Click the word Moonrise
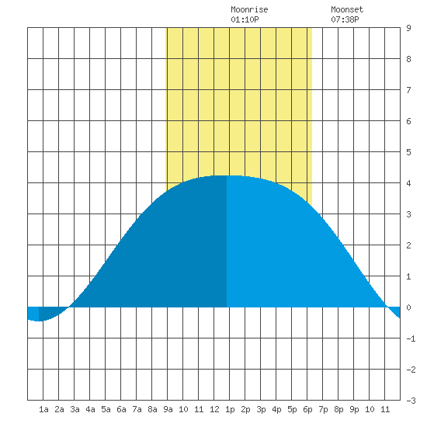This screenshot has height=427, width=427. pyautogui.click(x=249, y=9)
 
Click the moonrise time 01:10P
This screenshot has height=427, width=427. pyautogui.click(x=245, y=19)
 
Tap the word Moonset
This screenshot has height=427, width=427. pyautogui.click(x=347, y=9)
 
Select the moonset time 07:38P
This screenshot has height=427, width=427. pyautogui.click(x=345, y=19)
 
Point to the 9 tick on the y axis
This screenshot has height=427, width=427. pyautogui.click(x=408, y=28)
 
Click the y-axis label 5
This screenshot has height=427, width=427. pyautogui.click(x=408, y=152)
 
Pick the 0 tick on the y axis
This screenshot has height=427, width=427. pyautogui.click(x=408, y=307)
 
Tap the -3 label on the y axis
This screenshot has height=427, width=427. pyautogui.click(x=411, y=401)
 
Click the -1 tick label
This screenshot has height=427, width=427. pyautogui.click(x=411, y=338)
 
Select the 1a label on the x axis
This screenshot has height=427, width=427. pyautogui.click(x=43, y=409)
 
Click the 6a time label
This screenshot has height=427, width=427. pyautogui.click(x=121, y=409)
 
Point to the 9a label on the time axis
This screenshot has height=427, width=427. pyautogui.click(x=168, y=409)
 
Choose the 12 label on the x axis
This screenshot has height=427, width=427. pyautogui.click(x=214, y=409)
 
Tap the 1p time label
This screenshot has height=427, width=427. pyautogui.click(x=230, y=409)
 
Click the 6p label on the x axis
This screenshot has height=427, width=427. pyautogui.click(x=307, y=409)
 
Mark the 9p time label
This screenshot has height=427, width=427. pyautogui.click(x=354, y=409)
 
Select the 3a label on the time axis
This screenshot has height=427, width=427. pyautogui.click(x=75, y=409)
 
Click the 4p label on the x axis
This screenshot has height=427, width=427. pyautogui.click(x=276, y=409)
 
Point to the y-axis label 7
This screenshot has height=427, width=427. pyautogui.click(x=408, y=90)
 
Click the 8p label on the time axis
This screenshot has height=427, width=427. pyautogui.click(x=338, y=409)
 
